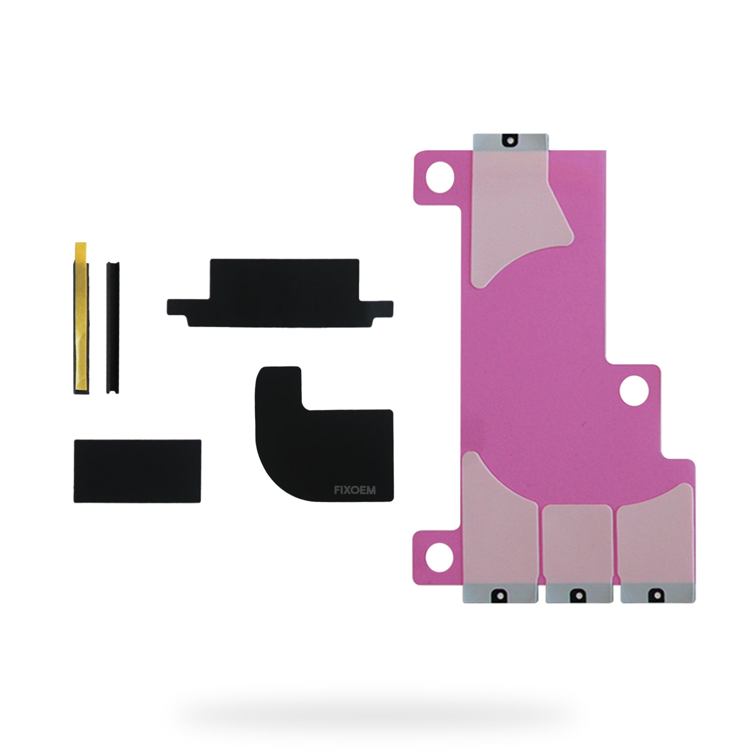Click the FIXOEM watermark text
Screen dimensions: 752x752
click(354, 490)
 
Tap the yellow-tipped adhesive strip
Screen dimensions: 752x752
click(81, 318)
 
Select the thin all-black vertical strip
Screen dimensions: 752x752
click(113, 327)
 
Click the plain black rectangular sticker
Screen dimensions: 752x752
click(137, 471)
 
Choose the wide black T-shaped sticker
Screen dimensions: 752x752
click(280, 293)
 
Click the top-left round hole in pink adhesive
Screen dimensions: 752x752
click(440, 177)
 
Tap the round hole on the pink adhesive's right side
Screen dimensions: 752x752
click(634, 391)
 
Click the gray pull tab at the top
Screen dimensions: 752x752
click(511, 141)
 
